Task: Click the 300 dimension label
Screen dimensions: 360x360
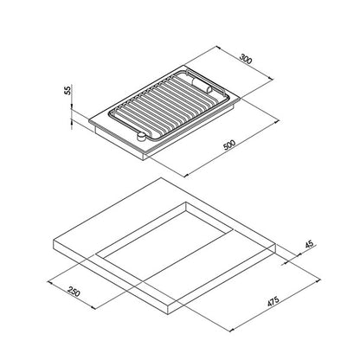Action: click(x=246, y=59)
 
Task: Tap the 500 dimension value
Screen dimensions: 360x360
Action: click(x=229, y=145)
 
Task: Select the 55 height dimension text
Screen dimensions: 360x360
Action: click(x=67, y=90)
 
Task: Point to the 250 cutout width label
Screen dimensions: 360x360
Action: click(x=74, y=292)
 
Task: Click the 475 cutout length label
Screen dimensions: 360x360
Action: click(x=273, y=301)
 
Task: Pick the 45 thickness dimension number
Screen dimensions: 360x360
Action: click(x=309, y=244)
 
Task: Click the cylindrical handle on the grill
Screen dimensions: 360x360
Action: click(x=202, y=86)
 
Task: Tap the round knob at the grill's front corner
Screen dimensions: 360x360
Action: click(x=141, y=137)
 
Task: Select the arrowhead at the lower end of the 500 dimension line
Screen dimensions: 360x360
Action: click(x=186, y=175)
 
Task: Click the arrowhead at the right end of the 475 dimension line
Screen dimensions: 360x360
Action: click(x=318, y=280)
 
